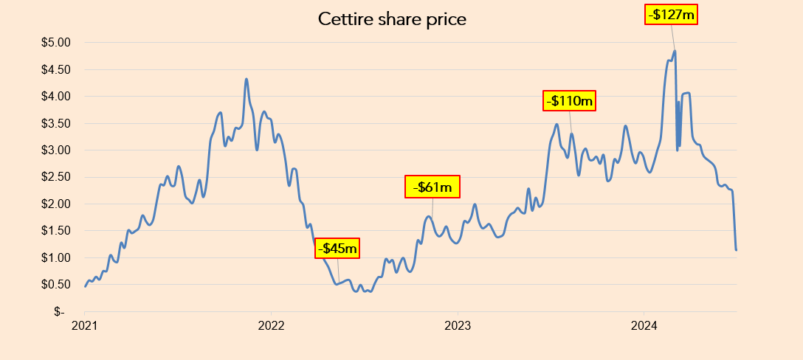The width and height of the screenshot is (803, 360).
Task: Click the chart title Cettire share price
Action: click(392, 19)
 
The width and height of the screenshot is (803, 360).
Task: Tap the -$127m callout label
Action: click(671, 13)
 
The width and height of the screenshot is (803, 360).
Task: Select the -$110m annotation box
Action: click(571, 100)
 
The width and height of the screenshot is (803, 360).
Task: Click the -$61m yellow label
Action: click(432, 187)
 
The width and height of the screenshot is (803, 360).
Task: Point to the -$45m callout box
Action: click(338, 249)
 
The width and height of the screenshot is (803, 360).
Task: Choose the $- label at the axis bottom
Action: click(63, 311)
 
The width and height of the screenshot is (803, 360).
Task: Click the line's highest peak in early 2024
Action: click(675, 51)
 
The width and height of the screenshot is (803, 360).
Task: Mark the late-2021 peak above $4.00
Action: click(247, 79)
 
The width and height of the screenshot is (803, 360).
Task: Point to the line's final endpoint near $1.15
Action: click(736, 250)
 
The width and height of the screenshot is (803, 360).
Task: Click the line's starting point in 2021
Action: click(86, 286)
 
